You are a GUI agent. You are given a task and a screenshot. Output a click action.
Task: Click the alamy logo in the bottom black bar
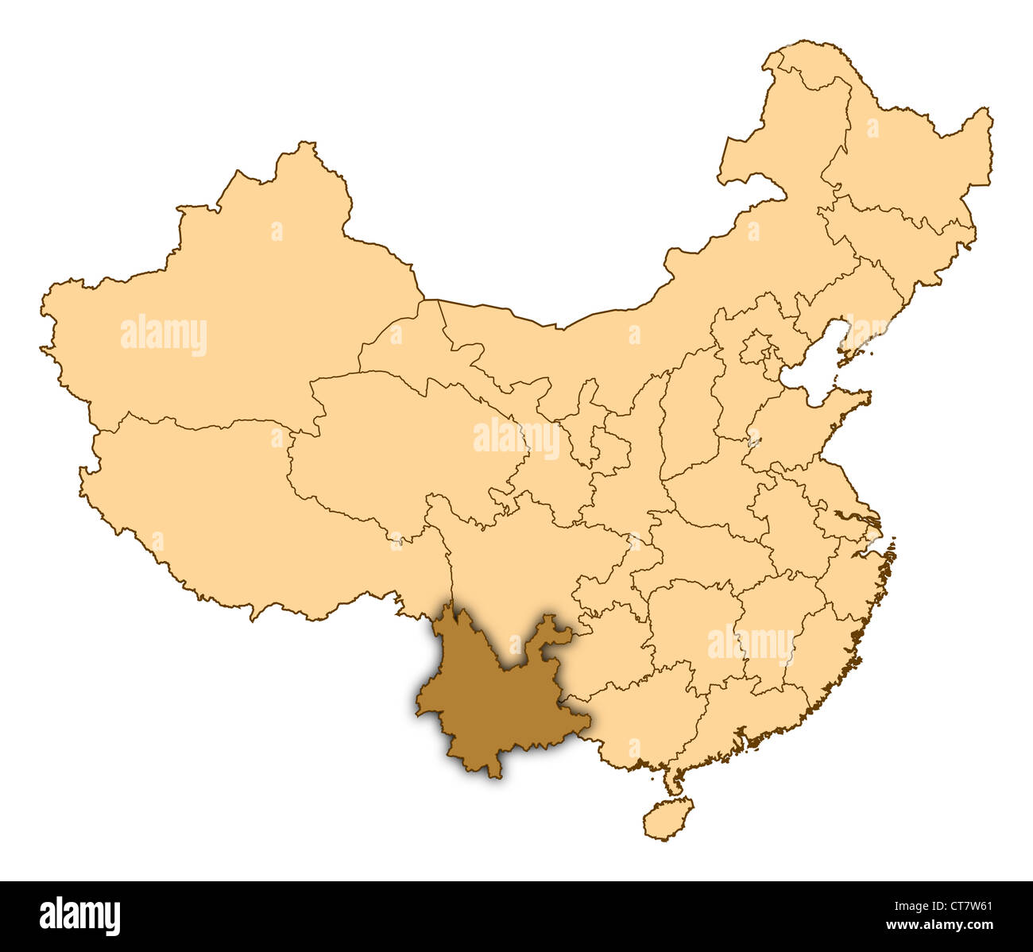[79, 915]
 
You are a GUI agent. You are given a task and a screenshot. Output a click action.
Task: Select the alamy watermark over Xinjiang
[164, 335]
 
